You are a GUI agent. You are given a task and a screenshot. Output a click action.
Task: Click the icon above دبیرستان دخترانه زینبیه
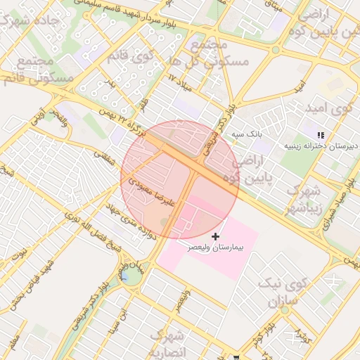(x=321, y=134)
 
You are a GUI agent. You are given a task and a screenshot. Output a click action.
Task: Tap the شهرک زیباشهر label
(x=304, y=200)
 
